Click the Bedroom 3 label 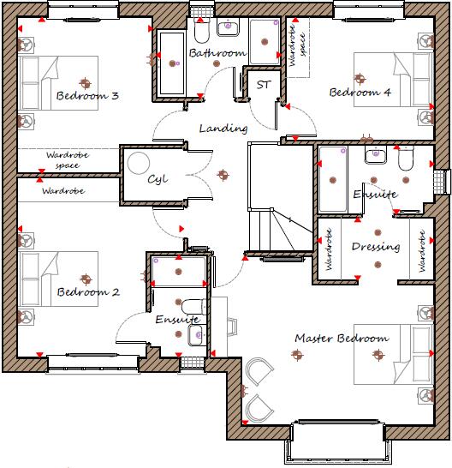[x=87, y=96]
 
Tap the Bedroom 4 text [x=360, y=92]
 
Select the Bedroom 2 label [x=87, y=292]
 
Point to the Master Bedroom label [x=341, y=339]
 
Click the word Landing [x=223, y=129]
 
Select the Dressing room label [x=376, y=247]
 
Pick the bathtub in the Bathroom [x=169, y=63]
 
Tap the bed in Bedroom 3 [x=56, y=82]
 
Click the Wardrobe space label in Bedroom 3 [x=62, y=159]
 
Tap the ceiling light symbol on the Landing [x=223, y=176]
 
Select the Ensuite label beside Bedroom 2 [x=177, y=320]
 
